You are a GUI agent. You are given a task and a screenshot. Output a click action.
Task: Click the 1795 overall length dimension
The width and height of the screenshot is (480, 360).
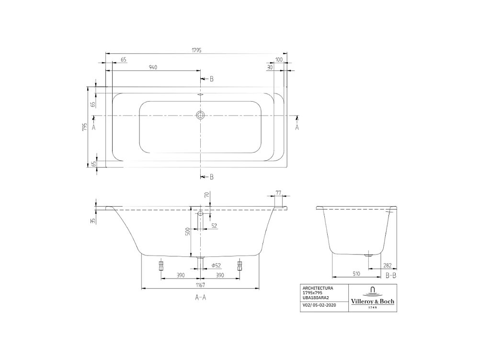click(196, 50)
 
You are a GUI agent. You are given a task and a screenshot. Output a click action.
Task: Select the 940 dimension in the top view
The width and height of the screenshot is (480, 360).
click(153, 68)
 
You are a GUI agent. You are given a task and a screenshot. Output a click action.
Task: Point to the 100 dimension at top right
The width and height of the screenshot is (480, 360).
click(279, 59)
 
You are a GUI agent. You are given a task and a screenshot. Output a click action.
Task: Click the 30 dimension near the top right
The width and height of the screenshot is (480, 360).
click(270, 68)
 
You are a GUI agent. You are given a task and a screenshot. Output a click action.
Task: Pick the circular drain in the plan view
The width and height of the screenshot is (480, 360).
click(200, 115)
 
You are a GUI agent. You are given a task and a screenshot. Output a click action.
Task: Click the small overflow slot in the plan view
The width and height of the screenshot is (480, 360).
click(200, 94)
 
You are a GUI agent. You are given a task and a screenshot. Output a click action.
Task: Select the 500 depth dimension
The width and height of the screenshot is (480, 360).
click(188, 231)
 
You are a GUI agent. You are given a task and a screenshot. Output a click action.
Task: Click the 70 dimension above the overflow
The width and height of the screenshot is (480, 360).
click(206, 195)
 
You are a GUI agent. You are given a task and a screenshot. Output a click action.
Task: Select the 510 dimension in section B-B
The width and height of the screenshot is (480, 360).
click(357, 274)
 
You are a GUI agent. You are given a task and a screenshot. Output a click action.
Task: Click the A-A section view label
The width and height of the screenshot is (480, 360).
click(200, 298)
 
